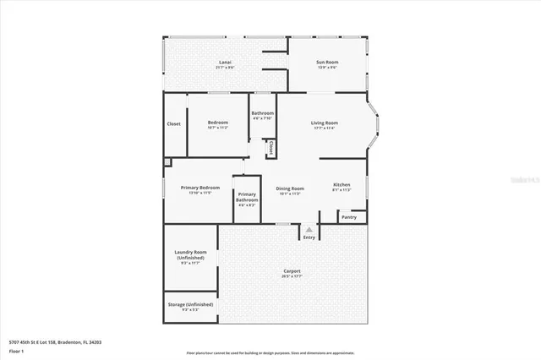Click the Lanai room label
(225, 62)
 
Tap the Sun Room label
(327, 62)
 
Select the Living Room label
(325, 123)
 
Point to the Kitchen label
(342, 184)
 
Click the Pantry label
(349, 217)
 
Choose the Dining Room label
(290, 188)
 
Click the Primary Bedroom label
(199, 188)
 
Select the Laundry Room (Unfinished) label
(190, 255)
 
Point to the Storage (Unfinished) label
(191, 304)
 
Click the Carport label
(292, 270)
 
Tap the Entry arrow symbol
(309, 229)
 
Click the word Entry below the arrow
(309, 237)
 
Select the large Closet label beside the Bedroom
(173, 123)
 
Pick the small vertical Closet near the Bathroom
(270, 148)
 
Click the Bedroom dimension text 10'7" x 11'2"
(218, 128)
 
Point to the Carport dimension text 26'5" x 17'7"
(292, 276)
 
